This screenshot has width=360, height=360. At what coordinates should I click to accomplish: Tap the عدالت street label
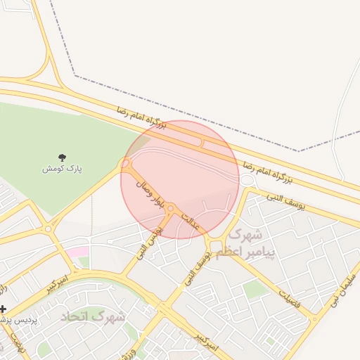[191, 222]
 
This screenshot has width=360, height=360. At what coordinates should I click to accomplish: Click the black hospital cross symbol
[4, 309]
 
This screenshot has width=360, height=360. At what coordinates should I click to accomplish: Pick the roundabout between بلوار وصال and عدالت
[170, 207]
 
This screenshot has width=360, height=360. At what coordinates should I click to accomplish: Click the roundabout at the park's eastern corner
[126, 164]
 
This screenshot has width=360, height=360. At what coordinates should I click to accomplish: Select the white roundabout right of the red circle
[246, 181]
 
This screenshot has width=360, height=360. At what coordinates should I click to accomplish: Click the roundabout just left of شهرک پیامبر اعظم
[209, 245]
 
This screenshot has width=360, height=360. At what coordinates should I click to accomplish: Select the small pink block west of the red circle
[78, 252]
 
